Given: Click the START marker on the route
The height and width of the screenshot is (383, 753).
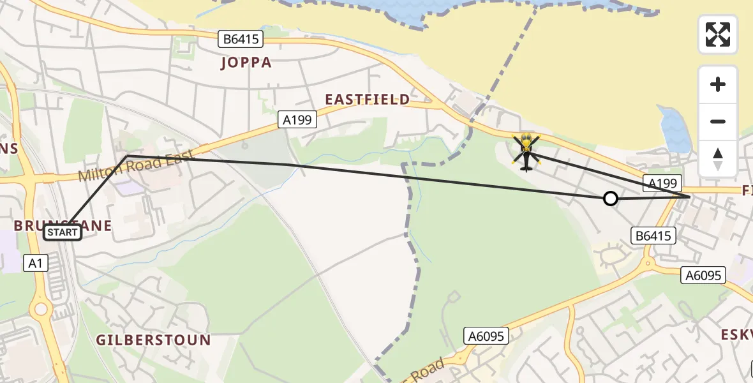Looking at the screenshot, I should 63,232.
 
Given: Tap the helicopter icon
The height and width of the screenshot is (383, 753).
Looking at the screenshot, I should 526,152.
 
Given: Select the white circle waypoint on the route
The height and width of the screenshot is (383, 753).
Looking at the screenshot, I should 611,199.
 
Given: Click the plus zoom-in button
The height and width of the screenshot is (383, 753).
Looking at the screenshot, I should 718,84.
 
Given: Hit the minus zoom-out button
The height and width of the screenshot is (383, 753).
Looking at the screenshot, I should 718,121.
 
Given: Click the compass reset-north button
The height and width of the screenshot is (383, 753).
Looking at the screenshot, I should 718,158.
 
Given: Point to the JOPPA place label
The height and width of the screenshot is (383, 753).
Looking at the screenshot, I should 246,63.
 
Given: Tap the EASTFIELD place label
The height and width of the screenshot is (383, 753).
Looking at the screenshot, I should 367,100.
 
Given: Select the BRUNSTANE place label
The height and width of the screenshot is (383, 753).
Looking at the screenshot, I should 63,225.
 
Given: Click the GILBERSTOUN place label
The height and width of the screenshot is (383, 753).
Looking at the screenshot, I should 153,340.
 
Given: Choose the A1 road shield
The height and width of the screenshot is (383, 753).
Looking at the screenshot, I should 36,262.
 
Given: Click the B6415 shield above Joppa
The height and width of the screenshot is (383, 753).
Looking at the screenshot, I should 241,39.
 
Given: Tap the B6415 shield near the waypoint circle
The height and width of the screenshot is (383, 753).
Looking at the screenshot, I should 653,236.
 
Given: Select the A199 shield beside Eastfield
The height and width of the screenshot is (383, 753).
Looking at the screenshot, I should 297,119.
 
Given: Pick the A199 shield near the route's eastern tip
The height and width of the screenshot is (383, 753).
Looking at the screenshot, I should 662,183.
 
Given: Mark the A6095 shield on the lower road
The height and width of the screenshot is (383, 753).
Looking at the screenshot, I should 486,336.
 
